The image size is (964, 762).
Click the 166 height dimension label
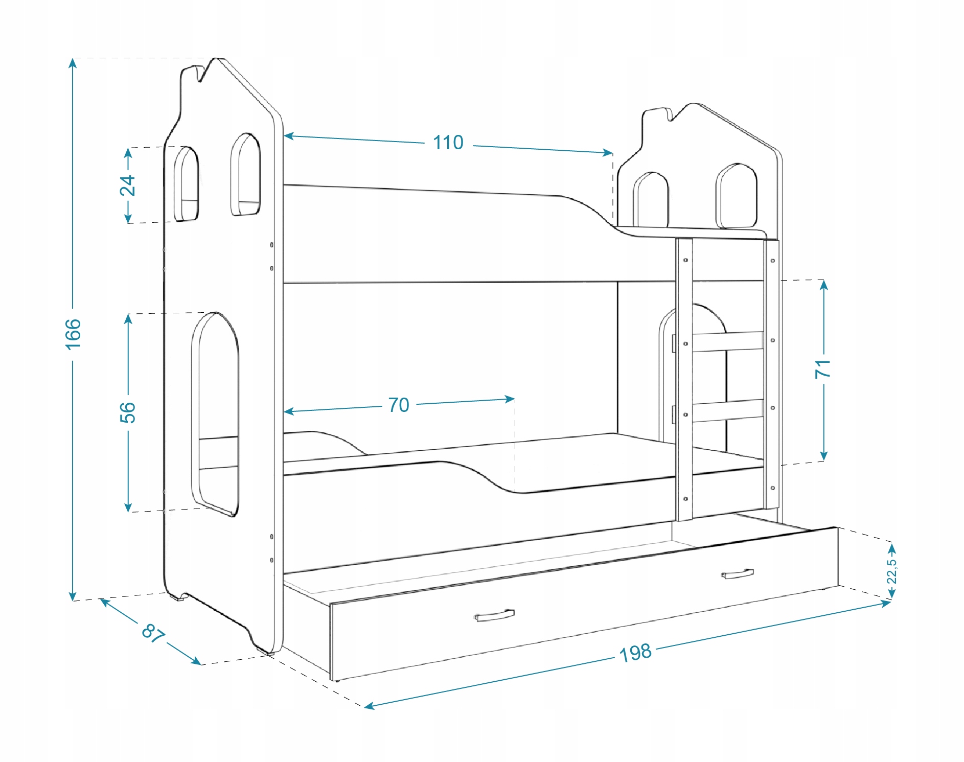click(x=73, y=334)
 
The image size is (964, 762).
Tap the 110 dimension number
click(x=448, y=143)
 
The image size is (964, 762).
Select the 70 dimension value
click(x=399, y=405)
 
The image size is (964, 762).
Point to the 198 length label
click(x=635, y=653)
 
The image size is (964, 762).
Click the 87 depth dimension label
click(x=153, y=633)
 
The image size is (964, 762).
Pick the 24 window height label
click(x=128, y=185)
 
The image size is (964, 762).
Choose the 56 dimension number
click(x=128, y=412)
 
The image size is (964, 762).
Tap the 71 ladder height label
click(x=823, y=369)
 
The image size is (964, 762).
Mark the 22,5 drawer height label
click(x=891, y=571)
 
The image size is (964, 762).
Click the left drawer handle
click(x=494, y=616)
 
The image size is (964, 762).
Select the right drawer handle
click(x=737, y=574)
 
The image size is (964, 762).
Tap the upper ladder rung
click(x=727, y=341)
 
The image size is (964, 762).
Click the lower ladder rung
click(x=727, y=411)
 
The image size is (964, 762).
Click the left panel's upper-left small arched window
click(x=186, y=184)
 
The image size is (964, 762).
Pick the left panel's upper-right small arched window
click(x=245, y=175)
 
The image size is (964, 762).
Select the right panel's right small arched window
click(x=736, y=196)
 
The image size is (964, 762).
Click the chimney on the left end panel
click(x=191, y=74)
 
